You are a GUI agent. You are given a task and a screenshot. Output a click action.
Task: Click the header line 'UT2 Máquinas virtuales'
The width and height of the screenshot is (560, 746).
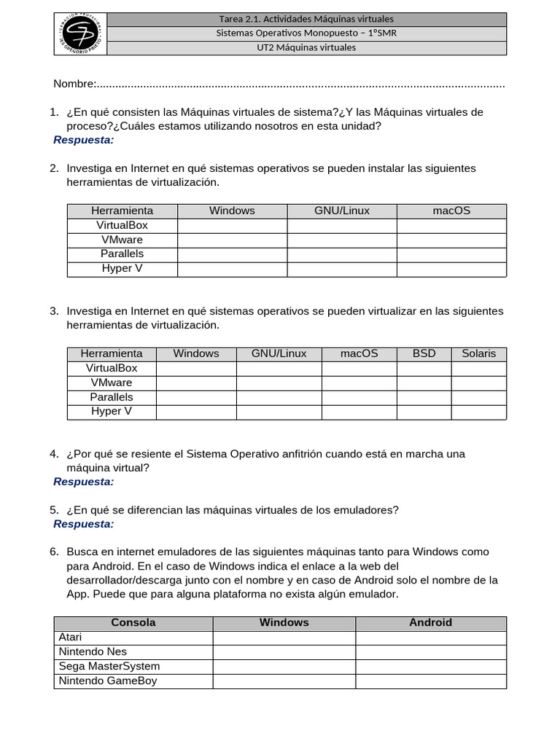pyautogui.click(x=306, y=48)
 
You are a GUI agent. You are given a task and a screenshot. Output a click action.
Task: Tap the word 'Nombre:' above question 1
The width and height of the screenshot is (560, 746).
pyautogui.click(x=74, y=84)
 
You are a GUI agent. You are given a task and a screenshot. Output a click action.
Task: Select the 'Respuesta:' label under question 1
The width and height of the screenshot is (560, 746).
pyautogui.click(x=83, y=140)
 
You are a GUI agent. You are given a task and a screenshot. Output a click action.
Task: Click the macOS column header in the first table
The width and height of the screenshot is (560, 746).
pyautogui.click(x=451, y=211)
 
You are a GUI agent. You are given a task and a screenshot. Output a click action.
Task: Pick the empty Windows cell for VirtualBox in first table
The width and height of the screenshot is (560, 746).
pyautogui.click(x=232, y=225)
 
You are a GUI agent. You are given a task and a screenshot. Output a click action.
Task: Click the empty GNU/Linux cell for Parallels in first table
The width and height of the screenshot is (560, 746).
pyautogui.click(x=341, y=254)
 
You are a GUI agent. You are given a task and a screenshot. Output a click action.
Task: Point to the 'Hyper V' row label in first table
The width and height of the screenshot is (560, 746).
pyautogui.click(x=122, y=269)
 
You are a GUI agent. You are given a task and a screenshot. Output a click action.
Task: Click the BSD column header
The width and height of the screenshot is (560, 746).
pyautogui.click(x=424, y=353)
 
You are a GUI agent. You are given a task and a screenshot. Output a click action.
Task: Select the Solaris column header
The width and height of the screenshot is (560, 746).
pyautogui.click(x=478, y=353)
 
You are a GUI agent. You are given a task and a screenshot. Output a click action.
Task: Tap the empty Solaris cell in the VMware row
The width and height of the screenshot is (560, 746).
pyautogui.click(x=478, y=382)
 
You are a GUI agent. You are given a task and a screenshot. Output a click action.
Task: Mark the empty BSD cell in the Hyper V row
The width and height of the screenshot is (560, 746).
pyautogui.click(x=424, y=412)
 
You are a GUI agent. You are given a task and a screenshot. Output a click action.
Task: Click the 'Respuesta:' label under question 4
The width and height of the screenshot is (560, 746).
pyautogui.click(x=83, y=482)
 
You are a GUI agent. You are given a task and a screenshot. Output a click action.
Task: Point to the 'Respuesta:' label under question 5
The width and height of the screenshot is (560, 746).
pyautogui.click(x=83, y=524)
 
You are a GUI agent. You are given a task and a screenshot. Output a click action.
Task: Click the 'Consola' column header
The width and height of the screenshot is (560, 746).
pyautogui.click(x=133, y=623)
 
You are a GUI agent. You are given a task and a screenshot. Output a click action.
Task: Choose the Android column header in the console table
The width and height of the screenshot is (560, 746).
pyautogui.click(x=430, y=623)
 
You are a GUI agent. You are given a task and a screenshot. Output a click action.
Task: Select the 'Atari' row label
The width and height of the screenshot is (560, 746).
pyautogui.click(x=70, y=637)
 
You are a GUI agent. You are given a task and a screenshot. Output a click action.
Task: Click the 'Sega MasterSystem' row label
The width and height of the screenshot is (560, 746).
pyautogui.click(x=109, y=667)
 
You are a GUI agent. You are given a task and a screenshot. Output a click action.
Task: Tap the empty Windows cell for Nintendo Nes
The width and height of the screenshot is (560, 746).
pyautogui.click(x=284, y=652)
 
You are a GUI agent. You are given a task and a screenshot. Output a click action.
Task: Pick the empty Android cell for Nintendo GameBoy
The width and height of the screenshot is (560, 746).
pyautogui.click(x=430, y=681)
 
